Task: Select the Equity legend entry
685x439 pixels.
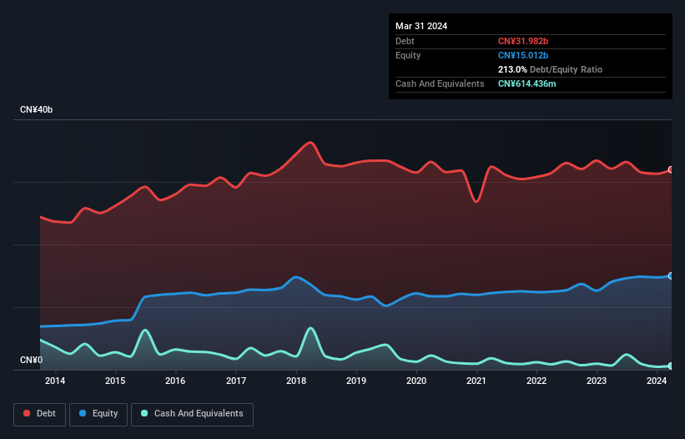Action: tap(98, 413)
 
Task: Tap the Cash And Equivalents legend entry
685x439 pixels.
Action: tap(192, 413)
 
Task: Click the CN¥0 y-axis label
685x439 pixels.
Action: tap(31, 361)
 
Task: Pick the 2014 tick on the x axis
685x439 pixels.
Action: tap(55, 381)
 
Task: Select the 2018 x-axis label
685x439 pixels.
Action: tap(295, 381)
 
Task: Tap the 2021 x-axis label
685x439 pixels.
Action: tap(476, 381)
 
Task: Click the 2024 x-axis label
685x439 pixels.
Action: tap(657, 381)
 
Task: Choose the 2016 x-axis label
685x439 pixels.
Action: tap(175, 381)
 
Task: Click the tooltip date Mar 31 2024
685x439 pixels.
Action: tap(421, 26)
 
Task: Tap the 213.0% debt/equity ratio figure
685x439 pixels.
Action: tap(512, 70)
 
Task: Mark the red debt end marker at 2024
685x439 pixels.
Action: tap(670, 169)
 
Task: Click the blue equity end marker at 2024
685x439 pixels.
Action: tap(670, 275)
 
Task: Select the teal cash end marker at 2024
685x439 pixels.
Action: tap(670, 366)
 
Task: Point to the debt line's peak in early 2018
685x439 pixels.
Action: tap(311, 142)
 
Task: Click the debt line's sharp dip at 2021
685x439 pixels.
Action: tap(476, 201)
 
